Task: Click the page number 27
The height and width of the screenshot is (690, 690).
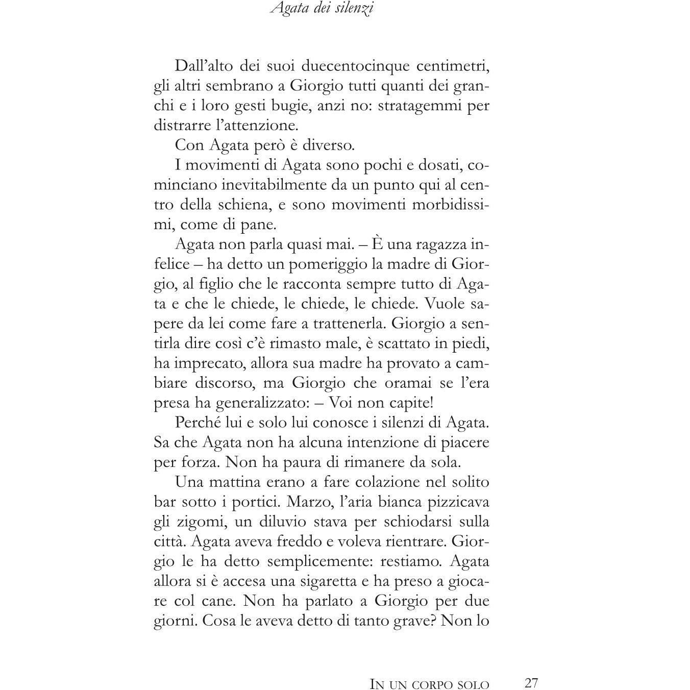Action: (x=531, y=683)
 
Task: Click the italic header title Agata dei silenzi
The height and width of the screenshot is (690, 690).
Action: (x=322, y=9)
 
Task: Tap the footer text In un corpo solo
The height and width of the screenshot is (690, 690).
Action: (x=429, y=684)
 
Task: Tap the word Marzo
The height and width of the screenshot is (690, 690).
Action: (x=311, y=502)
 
